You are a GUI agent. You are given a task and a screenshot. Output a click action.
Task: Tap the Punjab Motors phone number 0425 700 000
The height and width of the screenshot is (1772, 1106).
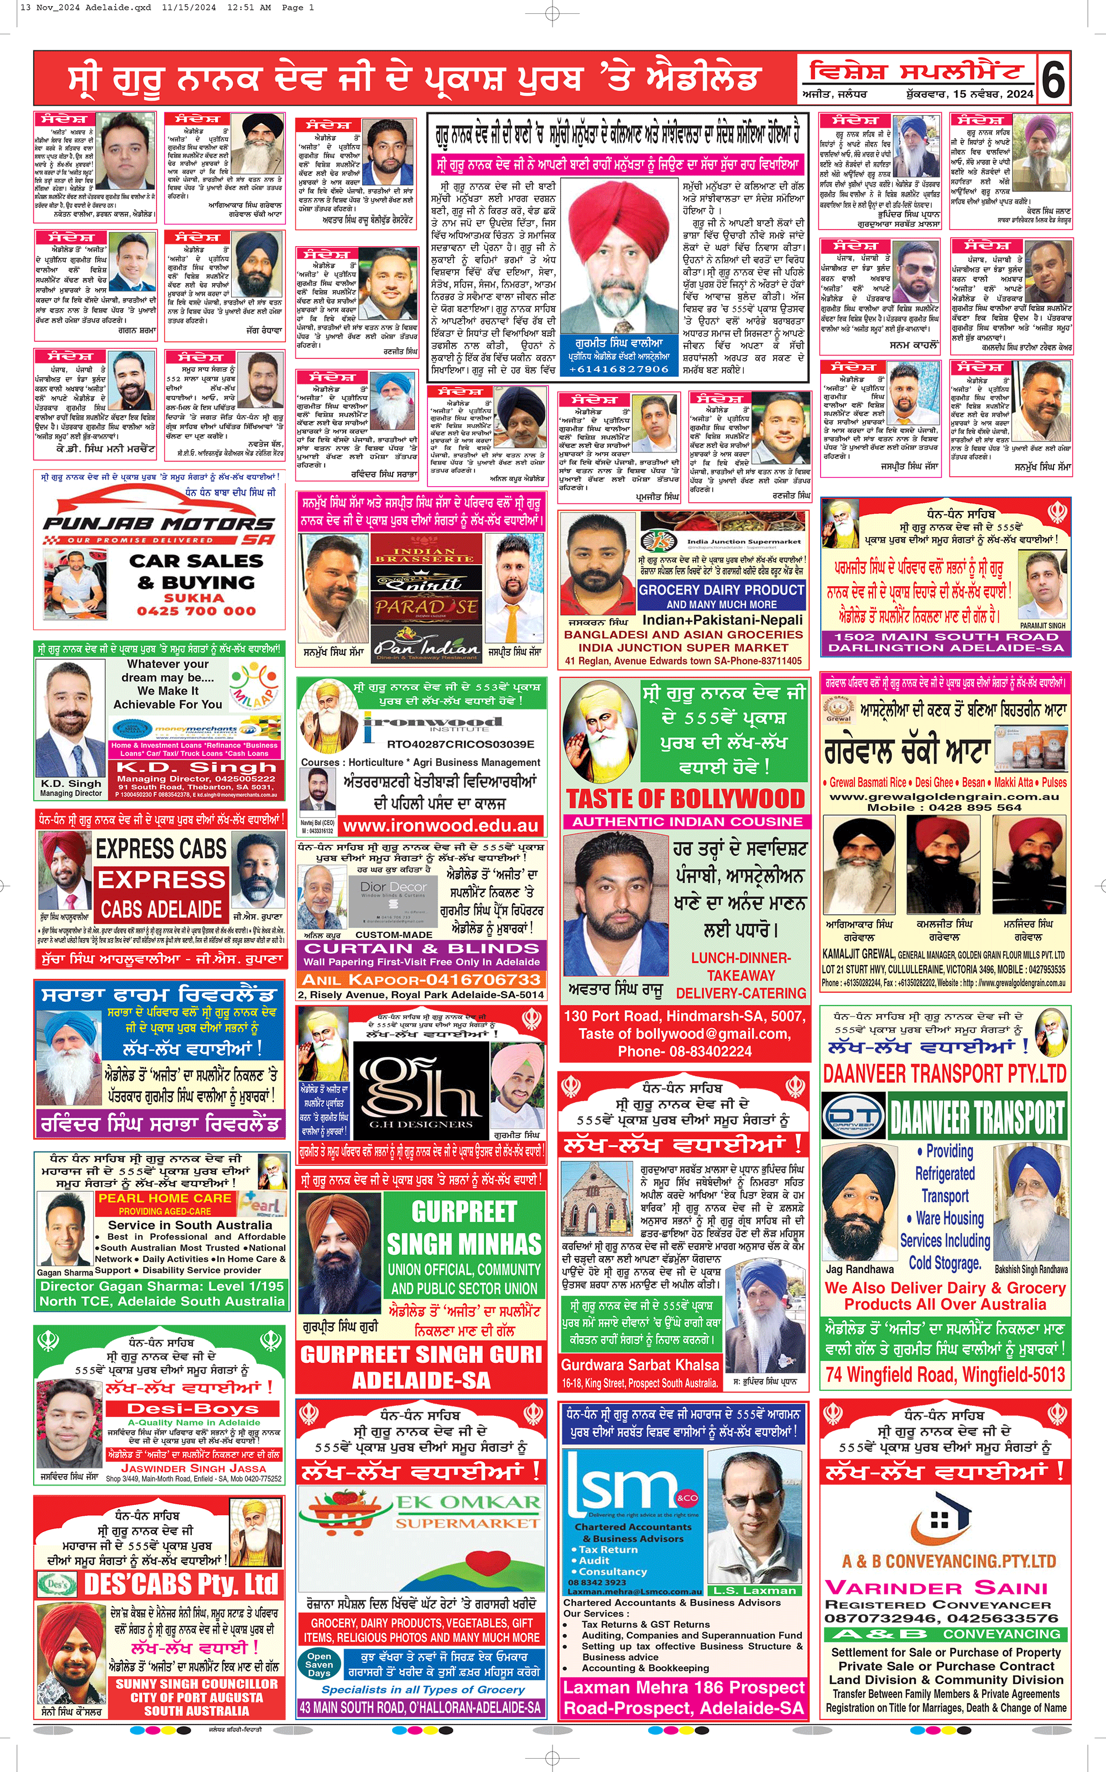click(196, 611)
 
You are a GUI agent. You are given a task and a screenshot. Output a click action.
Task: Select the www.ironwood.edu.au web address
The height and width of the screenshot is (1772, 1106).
click(440, 826)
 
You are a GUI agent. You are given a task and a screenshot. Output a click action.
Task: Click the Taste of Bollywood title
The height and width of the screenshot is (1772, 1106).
click(685, 798)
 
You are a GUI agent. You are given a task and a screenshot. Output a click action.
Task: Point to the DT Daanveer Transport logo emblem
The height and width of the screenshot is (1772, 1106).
click(854, 1117)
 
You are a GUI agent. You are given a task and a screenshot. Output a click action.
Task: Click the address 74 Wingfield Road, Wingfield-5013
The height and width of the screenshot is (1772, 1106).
click(945, 1374)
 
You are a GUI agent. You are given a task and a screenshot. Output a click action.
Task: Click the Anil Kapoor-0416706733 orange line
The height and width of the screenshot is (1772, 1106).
click(421, 979)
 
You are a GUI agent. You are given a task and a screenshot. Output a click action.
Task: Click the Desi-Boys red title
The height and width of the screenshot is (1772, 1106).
click(193, 1409)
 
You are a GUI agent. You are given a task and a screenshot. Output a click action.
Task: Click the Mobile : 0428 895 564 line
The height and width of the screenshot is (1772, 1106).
click(945, 807)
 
